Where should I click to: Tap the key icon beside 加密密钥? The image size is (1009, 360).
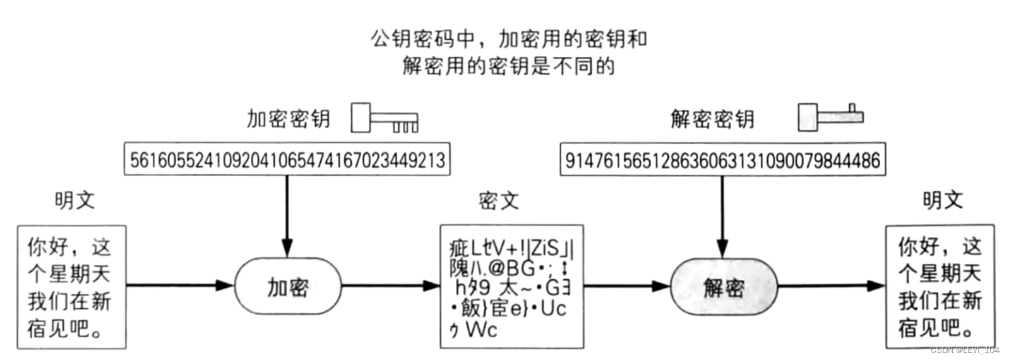[384, 118]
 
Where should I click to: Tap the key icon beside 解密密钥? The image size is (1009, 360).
[830, 117]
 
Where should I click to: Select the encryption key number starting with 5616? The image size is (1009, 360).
[287, 159]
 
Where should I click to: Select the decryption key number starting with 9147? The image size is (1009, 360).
[722, 159]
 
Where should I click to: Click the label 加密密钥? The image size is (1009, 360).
[289, 119]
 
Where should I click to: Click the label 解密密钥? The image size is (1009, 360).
[712, 119]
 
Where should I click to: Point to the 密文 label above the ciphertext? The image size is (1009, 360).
[498, 201]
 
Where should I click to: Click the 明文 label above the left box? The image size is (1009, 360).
[75, 200]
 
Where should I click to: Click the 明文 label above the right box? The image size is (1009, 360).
[943, 200]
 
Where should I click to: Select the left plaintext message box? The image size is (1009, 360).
[71, 287]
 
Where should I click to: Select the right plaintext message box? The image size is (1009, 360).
[940, 286]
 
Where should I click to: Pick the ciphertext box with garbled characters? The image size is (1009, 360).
[511, 286]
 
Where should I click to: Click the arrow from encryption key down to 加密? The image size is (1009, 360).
[287, 215]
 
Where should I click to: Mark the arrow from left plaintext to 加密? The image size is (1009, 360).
[180, 285]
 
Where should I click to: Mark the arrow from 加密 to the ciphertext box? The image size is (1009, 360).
[390, 285]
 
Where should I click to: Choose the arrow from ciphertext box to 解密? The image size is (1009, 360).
[626, 286]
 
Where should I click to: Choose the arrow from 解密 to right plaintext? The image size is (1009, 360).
[830, 286]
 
